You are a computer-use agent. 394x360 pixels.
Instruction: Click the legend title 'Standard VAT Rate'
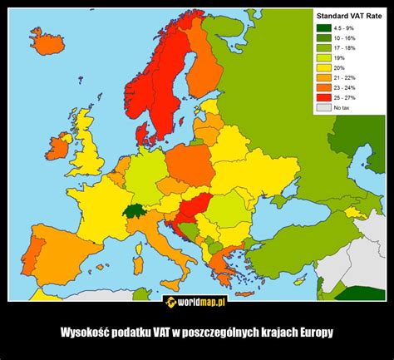coord(347,16)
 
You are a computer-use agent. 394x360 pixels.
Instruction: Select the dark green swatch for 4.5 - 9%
coord(323,28)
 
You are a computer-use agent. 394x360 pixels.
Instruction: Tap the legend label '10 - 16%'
coord(343,38)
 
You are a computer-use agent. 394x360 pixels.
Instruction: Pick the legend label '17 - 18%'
coord(343,48)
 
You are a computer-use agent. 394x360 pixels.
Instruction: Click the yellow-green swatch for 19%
coord(323,58)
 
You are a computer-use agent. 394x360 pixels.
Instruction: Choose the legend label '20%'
coord(338,68)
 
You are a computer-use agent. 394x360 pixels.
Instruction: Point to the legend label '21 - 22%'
coord(343,78)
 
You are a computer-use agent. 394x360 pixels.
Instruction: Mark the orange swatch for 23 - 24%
coord(323,88)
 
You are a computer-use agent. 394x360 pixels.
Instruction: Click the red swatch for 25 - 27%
coord(323,98)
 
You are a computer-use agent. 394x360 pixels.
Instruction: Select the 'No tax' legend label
coord(341,108)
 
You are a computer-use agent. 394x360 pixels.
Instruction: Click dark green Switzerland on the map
coord(134,211)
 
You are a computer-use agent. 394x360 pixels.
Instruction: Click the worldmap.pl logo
coord(197,300)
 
